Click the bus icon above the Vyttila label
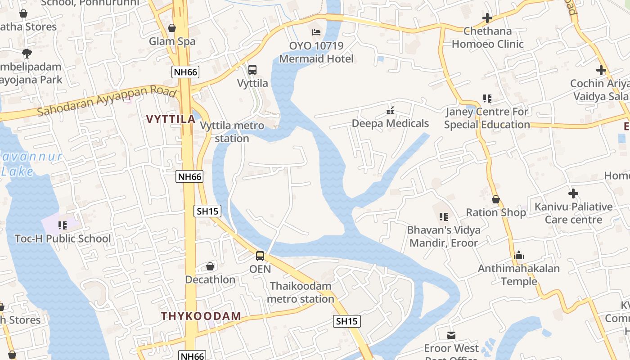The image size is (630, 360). [x=252, y=70]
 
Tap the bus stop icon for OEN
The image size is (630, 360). [x=260, y=256]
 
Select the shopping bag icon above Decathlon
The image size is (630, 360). [x=210, y=267]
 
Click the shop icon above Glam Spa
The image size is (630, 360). [x=172, y=28]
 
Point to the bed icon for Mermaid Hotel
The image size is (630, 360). [x=316, y=32]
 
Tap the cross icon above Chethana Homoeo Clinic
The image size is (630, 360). [x=487, y=18]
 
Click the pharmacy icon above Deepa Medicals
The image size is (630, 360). [x=390, y=110]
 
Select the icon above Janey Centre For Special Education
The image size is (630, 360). [x=487, y=98]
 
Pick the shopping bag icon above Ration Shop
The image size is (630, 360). [x=496, y=199]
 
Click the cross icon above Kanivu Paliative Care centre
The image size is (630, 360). [x=573, y=193]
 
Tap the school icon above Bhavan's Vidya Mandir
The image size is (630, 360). [x=444, y=217]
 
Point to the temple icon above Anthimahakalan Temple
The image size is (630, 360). [x=518, y=256]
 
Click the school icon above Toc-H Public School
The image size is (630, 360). [x=63, y=225]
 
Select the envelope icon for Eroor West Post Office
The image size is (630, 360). [x=451, y=335]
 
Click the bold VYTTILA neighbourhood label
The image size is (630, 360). [x=171, y=119]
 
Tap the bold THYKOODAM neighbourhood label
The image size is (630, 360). [x=201, y=316]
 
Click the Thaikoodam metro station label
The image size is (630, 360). [x=301, y=292]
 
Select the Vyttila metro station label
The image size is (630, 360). [x=232, y=132]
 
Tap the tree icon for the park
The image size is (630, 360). [x=27, y=54]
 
